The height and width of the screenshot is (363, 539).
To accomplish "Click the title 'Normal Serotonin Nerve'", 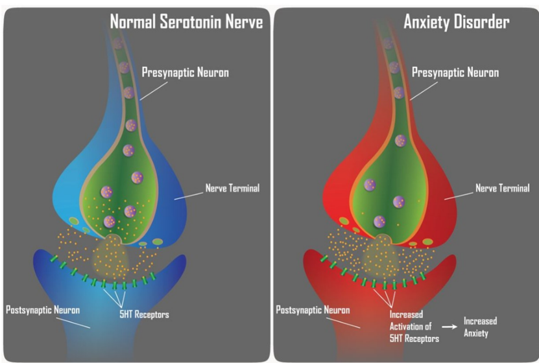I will coord(186,22).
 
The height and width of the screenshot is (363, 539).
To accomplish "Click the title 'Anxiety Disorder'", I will coord(457,22).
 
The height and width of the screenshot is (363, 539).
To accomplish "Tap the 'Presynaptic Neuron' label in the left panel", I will coord(185,73).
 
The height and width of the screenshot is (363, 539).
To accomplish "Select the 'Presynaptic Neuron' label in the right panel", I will coord(455,73).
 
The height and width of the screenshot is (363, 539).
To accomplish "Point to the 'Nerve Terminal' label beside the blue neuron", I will coord(232,188).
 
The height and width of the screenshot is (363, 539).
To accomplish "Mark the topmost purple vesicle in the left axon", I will coord(117,44).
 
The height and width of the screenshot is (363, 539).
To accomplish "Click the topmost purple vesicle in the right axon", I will coord(388,44).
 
